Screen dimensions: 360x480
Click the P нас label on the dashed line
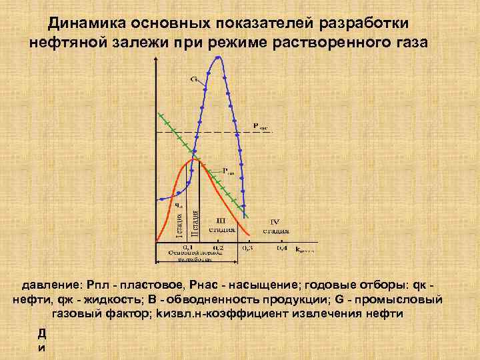click(260, 125)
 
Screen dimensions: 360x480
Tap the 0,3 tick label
click(247, 247)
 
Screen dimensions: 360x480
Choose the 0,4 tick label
click(282, 247)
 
